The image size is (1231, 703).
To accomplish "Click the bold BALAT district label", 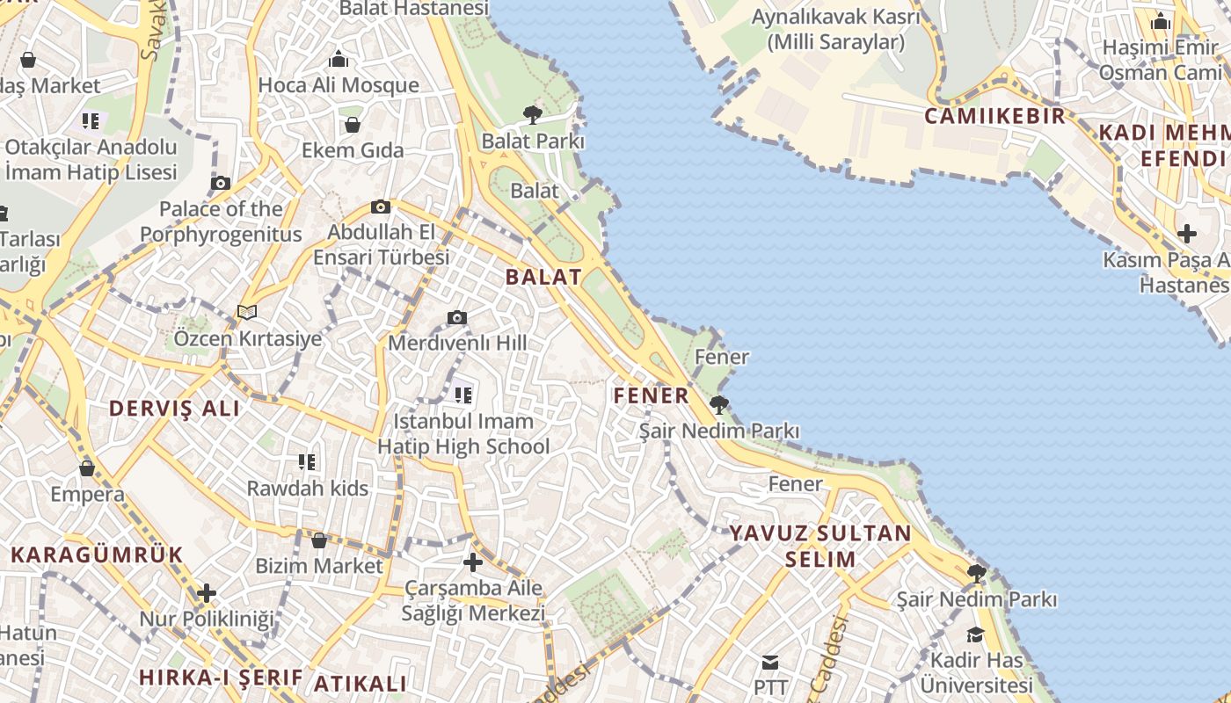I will [543, 277].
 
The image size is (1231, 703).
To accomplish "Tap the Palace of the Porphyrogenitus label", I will [221, 221].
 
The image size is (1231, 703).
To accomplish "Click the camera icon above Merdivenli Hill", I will [456, 317].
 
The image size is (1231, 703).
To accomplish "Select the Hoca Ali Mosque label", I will [339, 85].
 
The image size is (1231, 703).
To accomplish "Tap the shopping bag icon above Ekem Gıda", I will [352, 125].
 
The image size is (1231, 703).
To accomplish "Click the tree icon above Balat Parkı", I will [532, 113].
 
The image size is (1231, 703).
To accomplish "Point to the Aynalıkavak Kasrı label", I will [835, 29].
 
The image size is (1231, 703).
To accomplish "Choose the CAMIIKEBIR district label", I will [994, 116].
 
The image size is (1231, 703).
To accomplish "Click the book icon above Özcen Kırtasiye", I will [247, 312].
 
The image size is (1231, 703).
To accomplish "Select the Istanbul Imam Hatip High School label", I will [463, 433].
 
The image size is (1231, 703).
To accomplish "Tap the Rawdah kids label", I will [307, 488].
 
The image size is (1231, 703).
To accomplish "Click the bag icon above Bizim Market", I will [319, 540].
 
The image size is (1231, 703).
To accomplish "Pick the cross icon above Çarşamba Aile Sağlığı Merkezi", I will [473, 562].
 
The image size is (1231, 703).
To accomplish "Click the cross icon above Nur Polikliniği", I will [207, 593].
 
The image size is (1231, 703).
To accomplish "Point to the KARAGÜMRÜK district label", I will [97, 554].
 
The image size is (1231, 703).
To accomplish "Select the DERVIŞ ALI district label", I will [174, 409].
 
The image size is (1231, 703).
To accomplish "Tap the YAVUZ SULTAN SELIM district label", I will [820, 546].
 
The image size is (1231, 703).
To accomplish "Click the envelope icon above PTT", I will [770, 662].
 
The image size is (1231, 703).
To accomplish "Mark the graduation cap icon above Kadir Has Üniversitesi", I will [975, 634].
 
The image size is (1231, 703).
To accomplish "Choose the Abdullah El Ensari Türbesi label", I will [382, 244].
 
